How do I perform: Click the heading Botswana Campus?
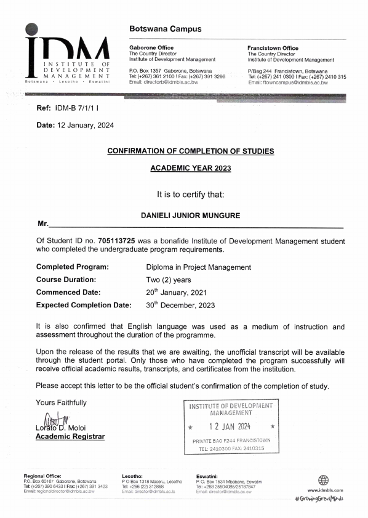[166, 30]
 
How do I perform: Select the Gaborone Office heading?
[151, 47]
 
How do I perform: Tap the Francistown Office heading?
[273, 47]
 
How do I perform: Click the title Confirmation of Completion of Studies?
[191, 151]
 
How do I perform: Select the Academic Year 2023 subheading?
[191, 168]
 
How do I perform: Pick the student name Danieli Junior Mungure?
[191, 216]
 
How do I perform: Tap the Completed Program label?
[73, 267]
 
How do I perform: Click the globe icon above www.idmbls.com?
[324, 480]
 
